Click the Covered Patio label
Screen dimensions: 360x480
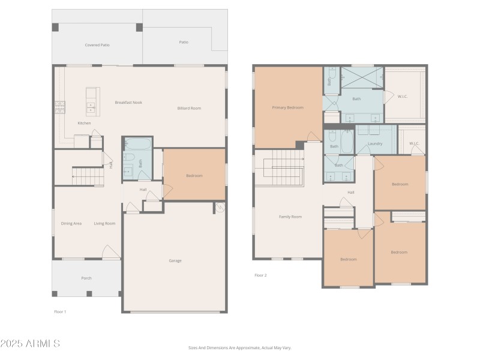(x=97, y=45)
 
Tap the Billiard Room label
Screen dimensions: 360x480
(x=189, y=109)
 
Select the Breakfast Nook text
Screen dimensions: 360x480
(x=128, y=103)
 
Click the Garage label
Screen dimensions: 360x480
(x=175, y=260)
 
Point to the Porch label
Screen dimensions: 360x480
(x=86, y=278)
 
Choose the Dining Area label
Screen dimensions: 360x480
(x=71, y=224)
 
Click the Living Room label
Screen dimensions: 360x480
(x=104, y=224)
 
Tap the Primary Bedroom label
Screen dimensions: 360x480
(x=287, y=108)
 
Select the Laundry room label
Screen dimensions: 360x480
(x=375, y=144)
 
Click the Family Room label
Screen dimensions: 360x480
(x=290, y=217)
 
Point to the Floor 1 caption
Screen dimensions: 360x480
(x=60, y=311)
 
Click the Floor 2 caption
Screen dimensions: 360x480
(x=260, y=275)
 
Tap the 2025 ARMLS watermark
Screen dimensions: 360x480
(x=30, y=344)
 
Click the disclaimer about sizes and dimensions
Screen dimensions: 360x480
(x=239, y=347)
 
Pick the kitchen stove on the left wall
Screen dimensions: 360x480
(x=60, y=107)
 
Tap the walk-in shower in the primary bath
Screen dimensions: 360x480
(x=362, y=76)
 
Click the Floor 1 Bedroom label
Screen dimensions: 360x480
(x=194, y=176)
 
